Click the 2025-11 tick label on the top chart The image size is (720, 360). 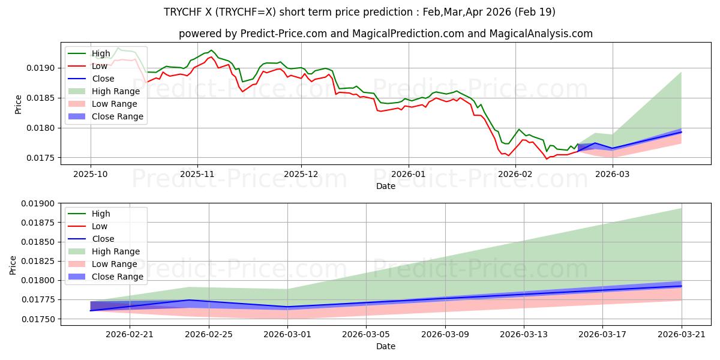click(x=197, y=173)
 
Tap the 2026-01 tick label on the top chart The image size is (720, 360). click(x=409, y=173)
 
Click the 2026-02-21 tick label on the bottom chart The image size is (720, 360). click(x=130, y=333)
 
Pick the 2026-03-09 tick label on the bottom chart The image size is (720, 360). click(x=445, y=333)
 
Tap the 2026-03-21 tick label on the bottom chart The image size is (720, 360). click(x=682, y=333)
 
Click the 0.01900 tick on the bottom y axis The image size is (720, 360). click(x=38, y=203)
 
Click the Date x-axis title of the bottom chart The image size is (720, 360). click(x=386, y=346)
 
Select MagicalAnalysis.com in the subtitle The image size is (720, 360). click(x=541, y=34)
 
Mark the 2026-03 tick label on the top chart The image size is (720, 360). click(x=613, y=173)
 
